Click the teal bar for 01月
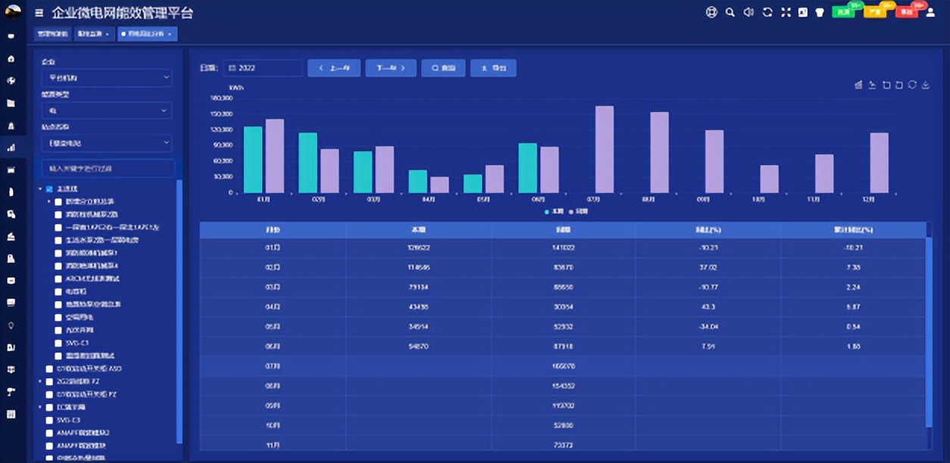(x=252, y=160)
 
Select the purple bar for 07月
(x=604, y=149)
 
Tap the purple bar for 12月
(x=879, y=163)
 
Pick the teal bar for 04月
(x=417, y=182)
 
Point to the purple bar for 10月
(x=769, y=179)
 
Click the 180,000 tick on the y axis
(x=221, y=98)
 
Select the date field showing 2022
(x=263, y=68)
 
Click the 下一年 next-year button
(x=391, y=68)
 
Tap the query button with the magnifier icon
(x=443, y=68)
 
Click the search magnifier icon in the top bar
(x=730, y=12)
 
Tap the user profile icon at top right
(x=931, y=12)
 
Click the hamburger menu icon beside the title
(x=39, y=13)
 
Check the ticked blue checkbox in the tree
(x=49, y=188)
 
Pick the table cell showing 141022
(x=563, y=247)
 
